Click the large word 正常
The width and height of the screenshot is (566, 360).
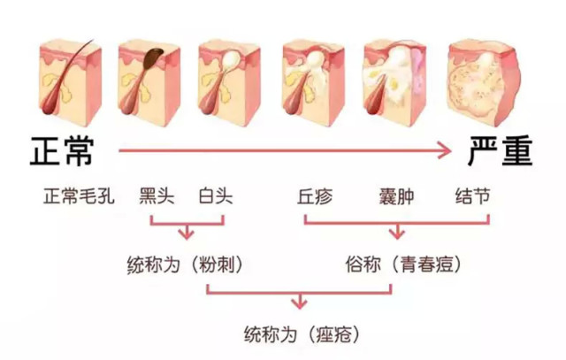[62, 151]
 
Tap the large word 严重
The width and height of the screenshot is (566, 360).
[500, 151]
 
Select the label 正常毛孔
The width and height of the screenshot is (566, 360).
[79, 196]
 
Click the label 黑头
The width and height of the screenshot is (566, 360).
[157, 196]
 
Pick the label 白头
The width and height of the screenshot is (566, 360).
[216, 196]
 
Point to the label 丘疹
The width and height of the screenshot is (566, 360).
[315, 196]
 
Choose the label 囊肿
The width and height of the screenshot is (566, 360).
[396, 196]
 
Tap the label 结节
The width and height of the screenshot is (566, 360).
[472, 196]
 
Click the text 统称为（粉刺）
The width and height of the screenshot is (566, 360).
[185, 265]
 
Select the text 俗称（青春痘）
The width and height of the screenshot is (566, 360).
[403, 264]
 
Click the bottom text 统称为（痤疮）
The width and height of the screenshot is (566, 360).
[302, 333]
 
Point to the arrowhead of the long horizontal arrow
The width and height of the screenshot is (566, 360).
[444, 150]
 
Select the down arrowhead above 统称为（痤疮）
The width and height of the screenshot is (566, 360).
[299, 303]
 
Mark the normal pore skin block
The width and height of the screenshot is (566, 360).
[70, 82]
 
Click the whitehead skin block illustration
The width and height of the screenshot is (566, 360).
[229, 84]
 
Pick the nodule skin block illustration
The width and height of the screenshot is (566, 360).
[484, 83]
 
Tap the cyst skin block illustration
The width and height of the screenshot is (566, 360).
[395, 84]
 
